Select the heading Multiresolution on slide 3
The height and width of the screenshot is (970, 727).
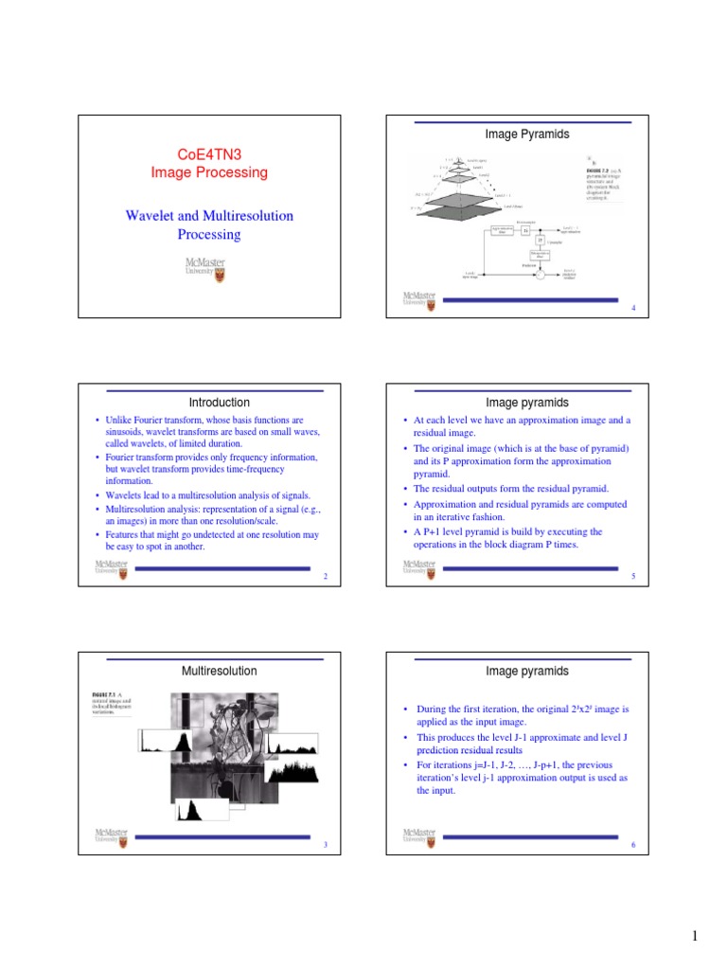point(219,671)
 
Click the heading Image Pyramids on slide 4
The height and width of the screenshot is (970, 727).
point(527,135)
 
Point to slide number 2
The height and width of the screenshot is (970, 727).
point(325,577)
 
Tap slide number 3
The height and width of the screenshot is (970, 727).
point(325,845)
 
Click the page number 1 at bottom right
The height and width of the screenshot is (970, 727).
point(694,937)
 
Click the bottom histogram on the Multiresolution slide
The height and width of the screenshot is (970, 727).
point(193,809)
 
